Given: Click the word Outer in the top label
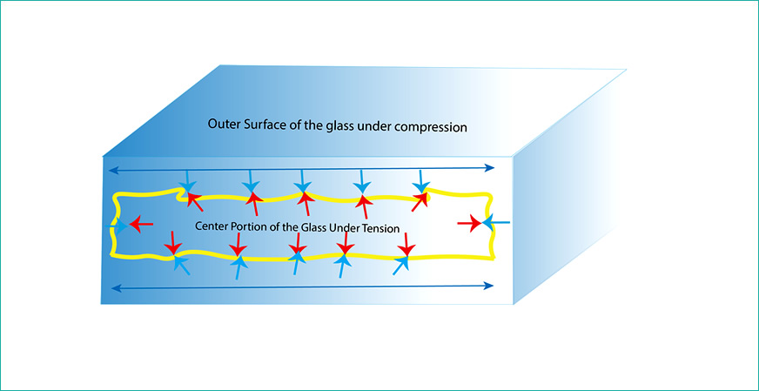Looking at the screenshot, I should coord(224,125).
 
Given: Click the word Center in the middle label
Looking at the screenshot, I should coord(213,226).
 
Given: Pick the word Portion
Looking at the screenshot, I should coord(258,226).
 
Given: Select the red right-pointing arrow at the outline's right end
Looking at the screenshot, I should coord(469,225).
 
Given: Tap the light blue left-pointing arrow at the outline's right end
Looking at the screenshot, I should coord(496,225).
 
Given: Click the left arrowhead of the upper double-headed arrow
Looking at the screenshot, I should coord(111,169).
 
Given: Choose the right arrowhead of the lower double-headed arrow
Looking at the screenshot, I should coord(492,287).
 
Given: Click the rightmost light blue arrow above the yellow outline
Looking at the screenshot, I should coord(421,180).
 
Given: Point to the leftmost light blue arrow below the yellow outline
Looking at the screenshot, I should coord(182,264).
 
